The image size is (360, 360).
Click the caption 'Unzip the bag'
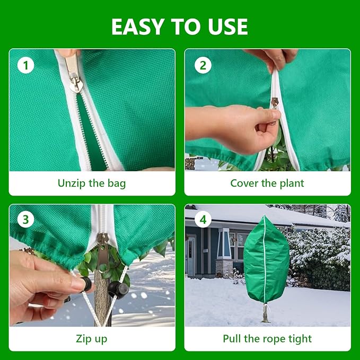click(92, 183)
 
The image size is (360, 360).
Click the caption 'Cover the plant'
click(267, 183)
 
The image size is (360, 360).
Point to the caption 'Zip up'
click(92, 338)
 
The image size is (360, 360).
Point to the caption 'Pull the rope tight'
click(267, 338)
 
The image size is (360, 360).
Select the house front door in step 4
click(191, 257)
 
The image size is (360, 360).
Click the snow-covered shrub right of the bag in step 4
click(318, 254)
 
